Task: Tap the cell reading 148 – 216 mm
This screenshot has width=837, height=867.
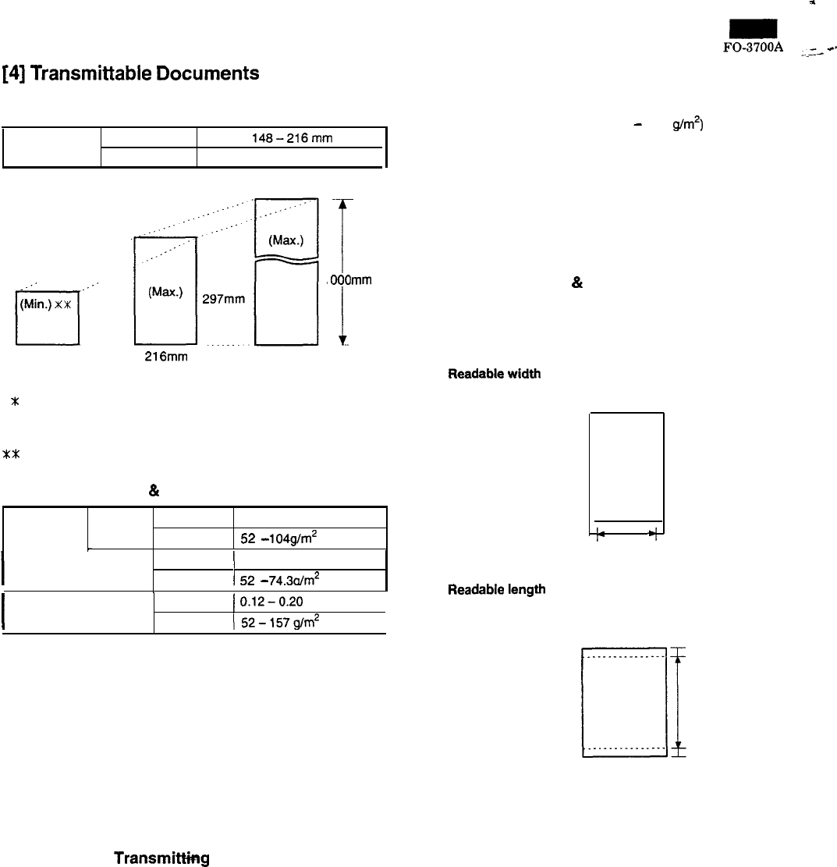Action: (x=291, y=133)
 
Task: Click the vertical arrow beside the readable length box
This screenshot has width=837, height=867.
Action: (x=679, y=702)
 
